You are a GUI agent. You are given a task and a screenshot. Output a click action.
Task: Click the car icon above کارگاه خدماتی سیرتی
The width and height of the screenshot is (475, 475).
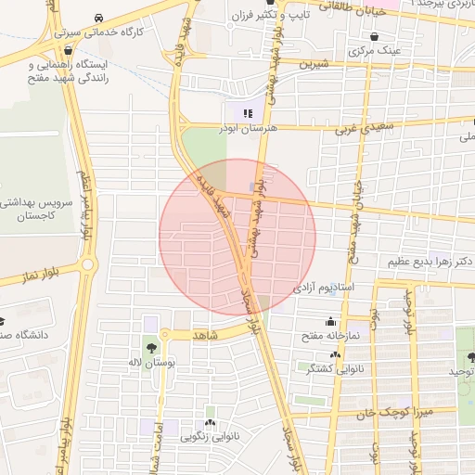[x=98, y=18]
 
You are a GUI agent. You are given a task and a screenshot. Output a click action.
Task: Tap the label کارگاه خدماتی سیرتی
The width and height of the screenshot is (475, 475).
[x=98, y=32]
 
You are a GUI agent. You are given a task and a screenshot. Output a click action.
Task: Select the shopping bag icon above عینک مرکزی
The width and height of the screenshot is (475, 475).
[x=373, y=37]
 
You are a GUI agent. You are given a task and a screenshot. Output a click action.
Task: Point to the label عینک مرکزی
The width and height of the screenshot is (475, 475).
[x=375, y=51]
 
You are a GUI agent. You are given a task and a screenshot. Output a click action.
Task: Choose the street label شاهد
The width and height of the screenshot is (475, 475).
[x=205, y=334]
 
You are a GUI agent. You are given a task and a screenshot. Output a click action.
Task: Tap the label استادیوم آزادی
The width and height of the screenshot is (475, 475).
[x=325, y=289]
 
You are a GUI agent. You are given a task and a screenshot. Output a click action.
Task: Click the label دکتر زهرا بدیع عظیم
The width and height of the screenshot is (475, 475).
[x=429, y=262]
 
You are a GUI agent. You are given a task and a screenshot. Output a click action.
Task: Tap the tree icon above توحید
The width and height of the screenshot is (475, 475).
[x=471, y=357]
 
